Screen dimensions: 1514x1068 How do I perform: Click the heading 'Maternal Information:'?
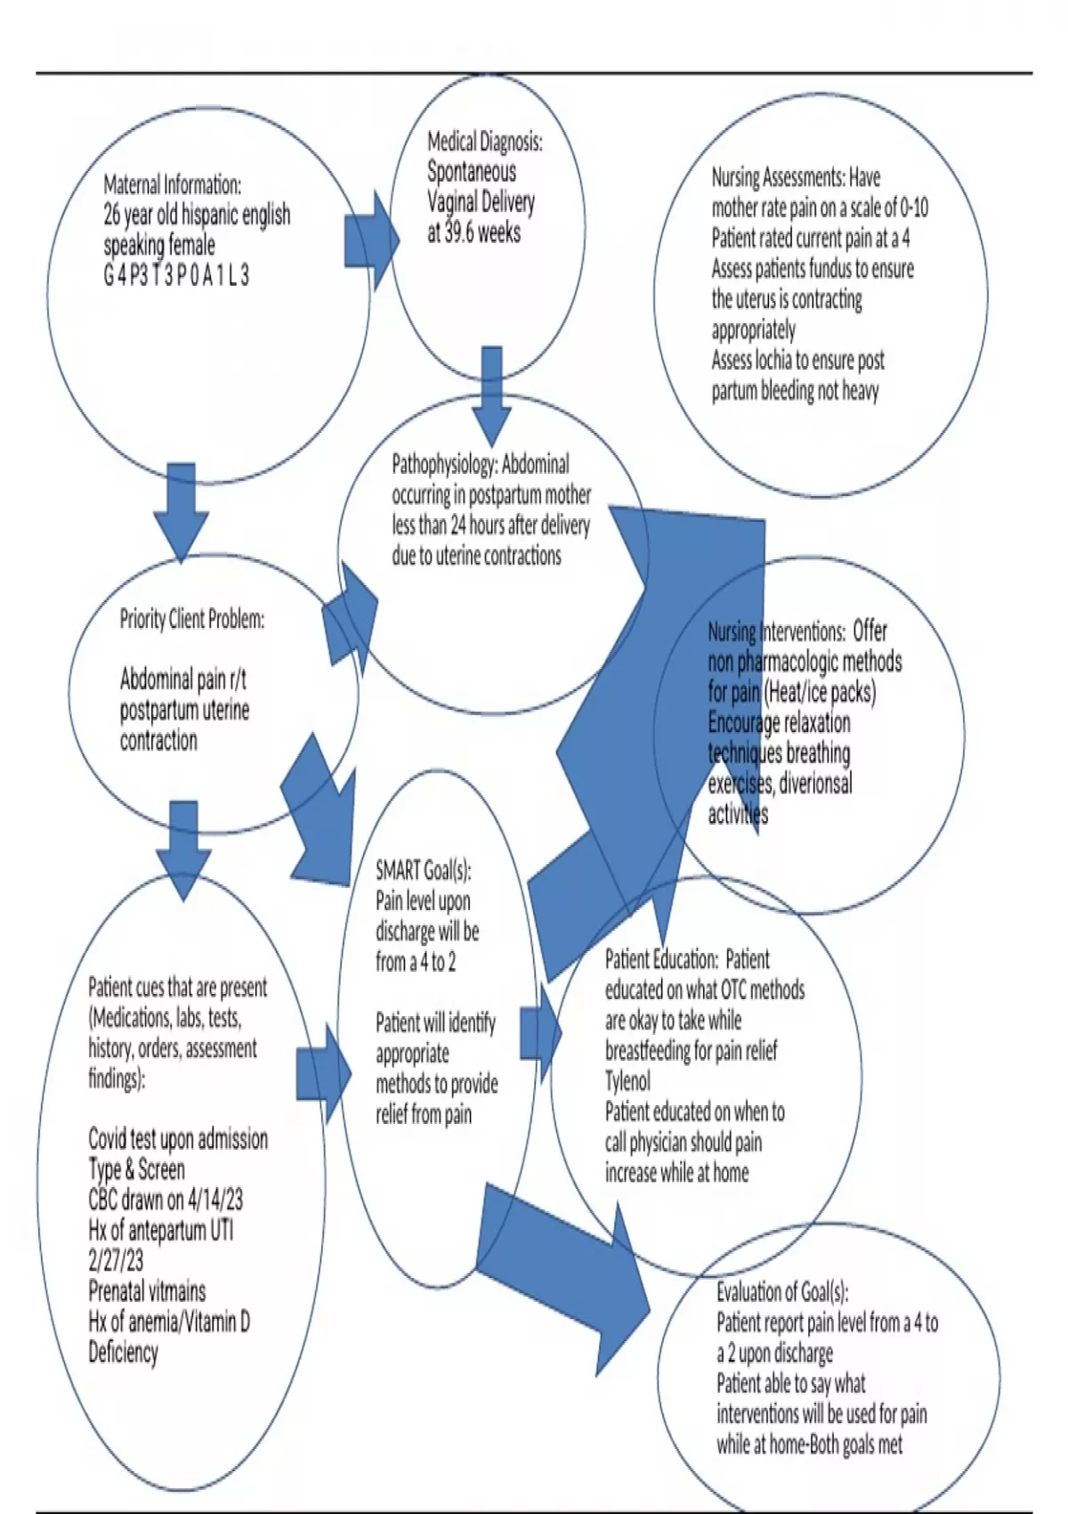coord(172,185)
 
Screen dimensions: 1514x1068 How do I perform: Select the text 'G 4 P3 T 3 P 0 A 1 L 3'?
coord(176,276)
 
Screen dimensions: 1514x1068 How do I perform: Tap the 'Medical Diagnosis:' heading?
coord(484,141)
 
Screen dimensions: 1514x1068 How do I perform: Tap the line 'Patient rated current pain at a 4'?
coord(810,239)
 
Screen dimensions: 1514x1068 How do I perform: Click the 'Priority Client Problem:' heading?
coord(191,619)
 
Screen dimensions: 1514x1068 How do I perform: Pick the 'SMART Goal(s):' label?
coord(423,870)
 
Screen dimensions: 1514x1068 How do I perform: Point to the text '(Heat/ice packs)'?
coord(820,692)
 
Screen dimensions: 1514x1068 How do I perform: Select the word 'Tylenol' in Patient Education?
coord(627,1081)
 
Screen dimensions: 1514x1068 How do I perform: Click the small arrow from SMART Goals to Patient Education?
coord(540,1033)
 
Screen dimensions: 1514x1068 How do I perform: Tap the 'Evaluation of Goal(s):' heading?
coord(782,1291)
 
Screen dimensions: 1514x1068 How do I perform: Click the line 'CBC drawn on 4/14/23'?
coord(165,1200)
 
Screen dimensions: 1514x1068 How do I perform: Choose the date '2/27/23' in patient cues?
coord(116,1261)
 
